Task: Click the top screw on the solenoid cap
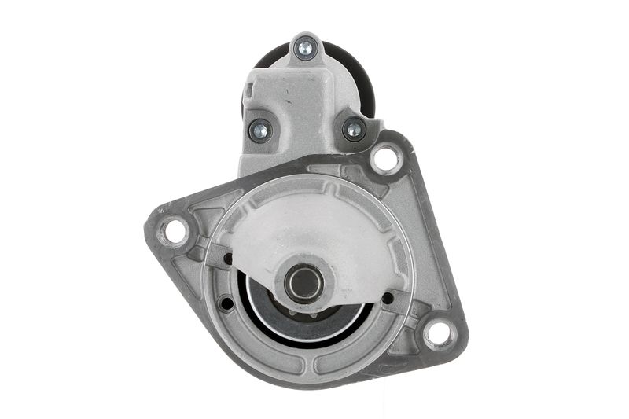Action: [x=304, y=49]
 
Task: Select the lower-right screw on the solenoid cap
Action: [x=354, y=128]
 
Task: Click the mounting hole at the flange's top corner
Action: [x=386, y=159]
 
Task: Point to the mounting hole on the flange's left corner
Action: [x=173, y=231]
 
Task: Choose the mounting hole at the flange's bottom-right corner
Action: [x=439, y=333]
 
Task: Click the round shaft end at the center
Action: [x=304, y=281]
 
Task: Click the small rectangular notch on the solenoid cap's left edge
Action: [x=245, y=102]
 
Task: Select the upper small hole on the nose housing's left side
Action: [x=228, y=259]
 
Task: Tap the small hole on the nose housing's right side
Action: [x=388, y=298]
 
